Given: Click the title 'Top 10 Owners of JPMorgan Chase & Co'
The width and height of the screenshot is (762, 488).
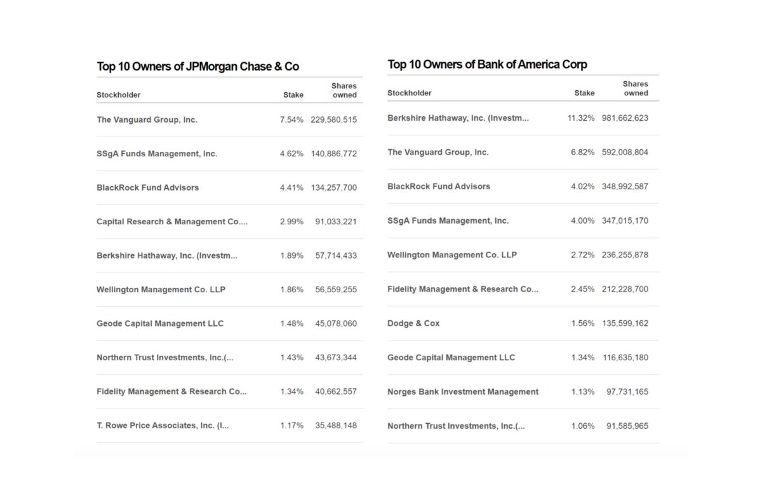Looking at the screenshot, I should tap(197, 67).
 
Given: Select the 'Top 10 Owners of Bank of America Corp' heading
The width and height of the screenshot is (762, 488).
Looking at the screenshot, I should tap(487, 64).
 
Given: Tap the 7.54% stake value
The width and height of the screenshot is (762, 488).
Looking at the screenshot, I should tap(291, 119).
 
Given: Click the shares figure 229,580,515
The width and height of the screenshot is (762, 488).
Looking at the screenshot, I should tap(333, 119).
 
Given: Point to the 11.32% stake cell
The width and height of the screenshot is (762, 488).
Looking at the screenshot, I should tap(581, 118).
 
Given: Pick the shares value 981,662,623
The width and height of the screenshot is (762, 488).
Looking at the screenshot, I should tap(625, 118).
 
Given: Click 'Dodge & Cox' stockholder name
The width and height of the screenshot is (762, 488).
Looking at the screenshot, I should tap(413, 323).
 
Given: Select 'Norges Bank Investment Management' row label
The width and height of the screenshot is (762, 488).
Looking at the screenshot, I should tap(462, 391).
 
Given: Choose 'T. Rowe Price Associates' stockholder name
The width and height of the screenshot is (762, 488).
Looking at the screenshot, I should tap(163, 426).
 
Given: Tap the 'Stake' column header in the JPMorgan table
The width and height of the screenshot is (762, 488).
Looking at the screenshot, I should tap(293, 95).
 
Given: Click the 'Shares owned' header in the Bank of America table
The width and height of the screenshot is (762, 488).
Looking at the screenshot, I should tap(636, 88).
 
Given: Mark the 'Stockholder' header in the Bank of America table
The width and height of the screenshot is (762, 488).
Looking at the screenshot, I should tap(409, 93).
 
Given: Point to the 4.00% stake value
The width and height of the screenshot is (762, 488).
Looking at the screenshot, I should tap(582, 220).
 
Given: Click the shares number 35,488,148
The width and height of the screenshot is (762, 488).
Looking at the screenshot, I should tap(336, 426).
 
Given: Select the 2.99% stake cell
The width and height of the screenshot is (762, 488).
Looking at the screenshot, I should tap(291, 222).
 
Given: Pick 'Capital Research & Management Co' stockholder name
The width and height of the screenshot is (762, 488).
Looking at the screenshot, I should tap(171, 222).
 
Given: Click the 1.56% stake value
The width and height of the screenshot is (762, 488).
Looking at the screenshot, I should tap(582, 323).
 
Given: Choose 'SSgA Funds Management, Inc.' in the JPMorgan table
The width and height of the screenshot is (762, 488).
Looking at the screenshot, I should tap(157, 154).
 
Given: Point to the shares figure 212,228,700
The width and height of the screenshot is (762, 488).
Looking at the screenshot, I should tap(625, 289).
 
